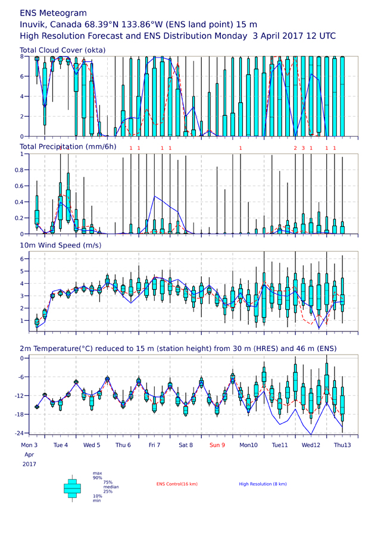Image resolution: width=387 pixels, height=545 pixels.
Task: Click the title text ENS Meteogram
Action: [x=53, y=13]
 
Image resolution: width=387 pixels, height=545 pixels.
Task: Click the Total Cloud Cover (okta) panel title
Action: [x=63, y=50]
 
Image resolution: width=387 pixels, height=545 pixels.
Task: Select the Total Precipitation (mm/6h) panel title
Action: [x=68, y=147]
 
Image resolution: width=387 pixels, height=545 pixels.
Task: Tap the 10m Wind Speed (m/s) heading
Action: [x=61, y=245]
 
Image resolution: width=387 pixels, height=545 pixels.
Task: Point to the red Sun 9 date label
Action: [x=217, y=445]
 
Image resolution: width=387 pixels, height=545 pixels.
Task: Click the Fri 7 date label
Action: [x=154, y=445]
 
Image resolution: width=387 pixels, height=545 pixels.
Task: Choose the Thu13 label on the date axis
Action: [x=342, y=445]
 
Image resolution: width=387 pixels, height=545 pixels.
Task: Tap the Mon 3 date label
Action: [x=29, y=445]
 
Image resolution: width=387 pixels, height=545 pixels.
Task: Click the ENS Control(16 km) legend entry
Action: [x=177, y=484]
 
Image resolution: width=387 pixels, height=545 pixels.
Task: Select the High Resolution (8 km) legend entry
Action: [x=263, y=484]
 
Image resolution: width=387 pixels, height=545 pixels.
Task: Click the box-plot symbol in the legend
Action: [x=72, y=488]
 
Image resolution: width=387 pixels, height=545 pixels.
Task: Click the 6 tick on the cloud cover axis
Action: [x=22, y=77]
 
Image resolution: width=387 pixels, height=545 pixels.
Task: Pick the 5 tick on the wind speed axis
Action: [x=22, y=271]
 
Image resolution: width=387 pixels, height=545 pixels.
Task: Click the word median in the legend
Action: [x=111, y=487]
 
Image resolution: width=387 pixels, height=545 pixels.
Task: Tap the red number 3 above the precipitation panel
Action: [x=303, y=148]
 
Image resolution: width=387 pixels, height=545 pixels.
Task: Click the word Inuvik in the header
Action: [x=34, y=24]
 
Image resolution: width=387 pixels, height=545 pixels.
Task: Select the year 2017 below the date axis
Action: [x=29, y=464]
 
